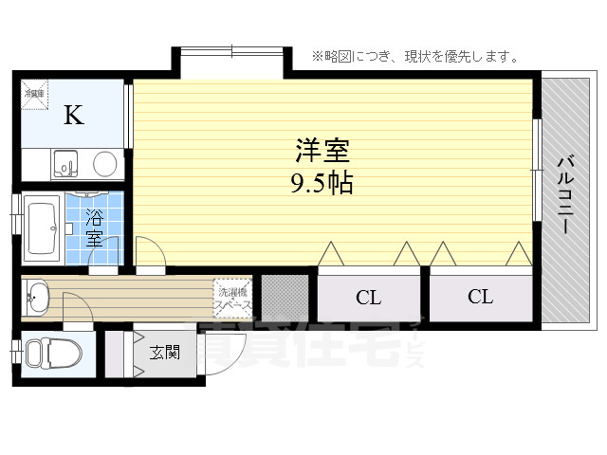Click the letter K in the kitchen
pyautogui.click(x=73, y=116)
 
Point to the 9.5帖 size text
pyautogui.click(x=322, y=183)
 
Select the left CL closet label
pyautogui.click(x=368, y=298)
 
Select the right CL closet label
pyautogui.click(x=480, y=297)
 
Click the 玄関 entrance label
pyautogui.click(x=164, y=353)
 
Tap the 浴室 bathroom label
pyautogui.click(x=95, y=227)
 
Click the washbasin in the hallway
pyautogui.click(x=37, y=299)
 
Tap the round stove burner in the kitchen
pyautogui.click(x=105, y=164)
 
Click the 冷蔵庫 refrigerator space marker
pyautogui.click(x=35, y=94)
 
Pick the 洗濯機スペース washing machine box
pyautogui.click(x=232, y=297)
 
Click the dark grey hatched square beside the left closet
pyautogui.click(x=285, y=297)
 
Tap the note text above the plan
pyautogui.click(x=414, y=57)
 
